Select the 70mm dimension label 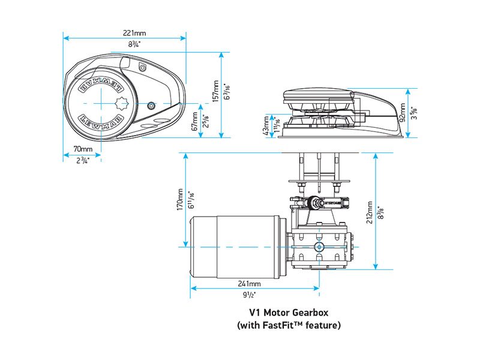[x=83, y=149]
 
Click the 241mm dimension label [x=250, y=284]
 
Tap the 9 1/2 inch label [x=250, y=295]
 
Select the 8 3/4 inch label [x=137, y=44]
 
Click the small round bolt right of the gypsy [x=151, y=105]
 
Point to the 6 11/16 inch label [x=191, y=200]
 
